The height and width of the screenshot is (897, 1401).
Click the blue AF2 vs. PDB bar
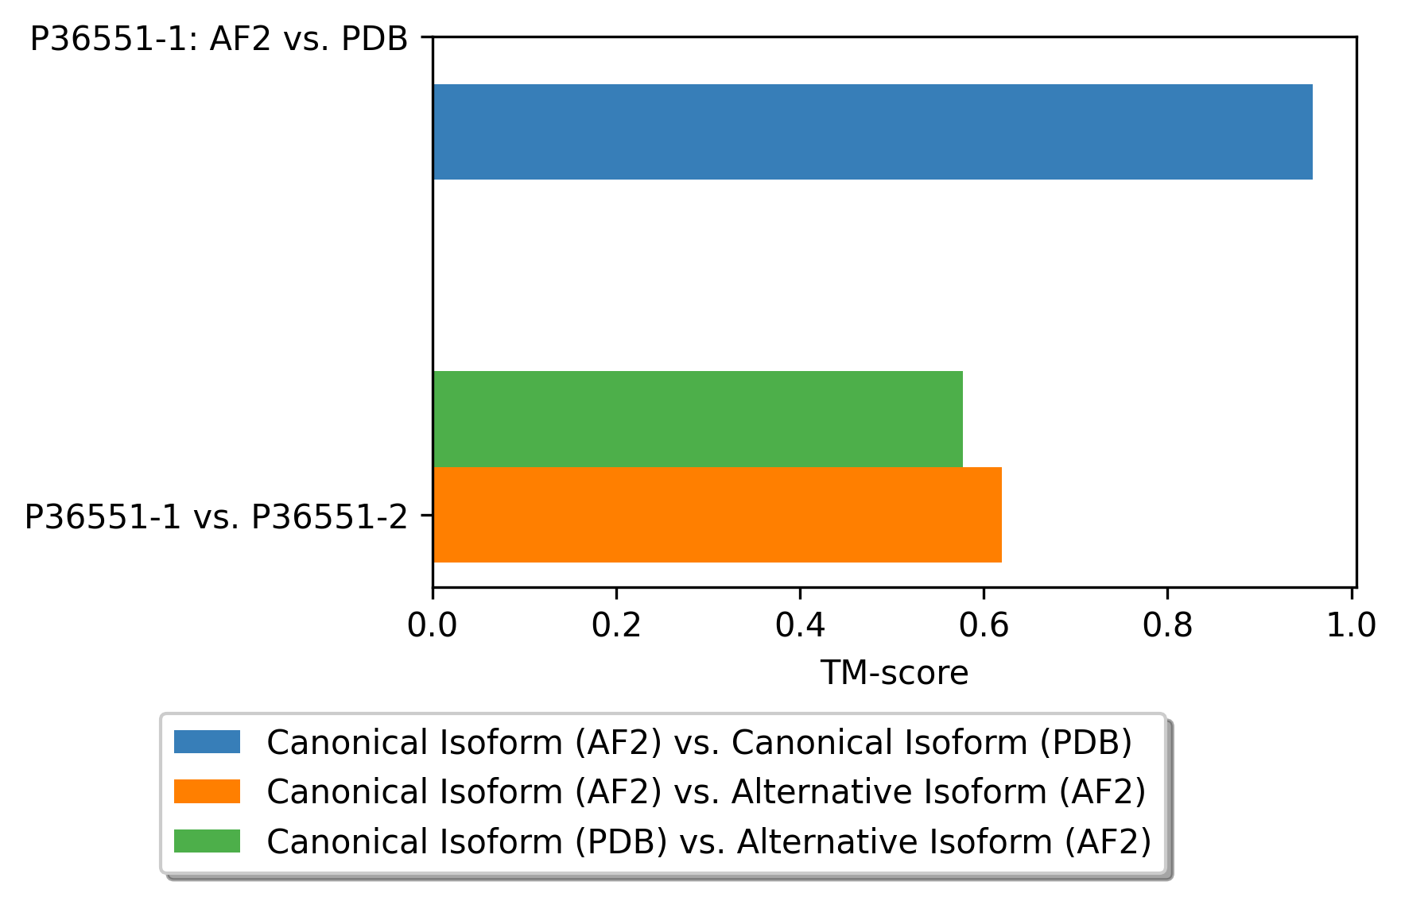click(x=872, y=132)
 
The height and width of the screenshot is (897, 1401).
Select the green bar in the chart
click(x=697, y=419)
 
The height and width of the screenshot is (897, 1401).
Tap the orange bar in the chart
click(x=716, y=515)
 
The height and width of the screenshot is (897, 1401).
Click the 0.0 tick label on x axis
click(x=432, y=626)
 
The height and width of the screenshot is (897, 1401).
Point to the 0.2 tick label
click(x=615, y=626)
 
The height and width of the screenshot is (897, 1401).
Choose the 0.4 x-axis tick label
click(x=799, y=626)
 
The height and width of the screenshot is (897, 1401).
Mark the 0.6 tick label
click(x=983, y=626)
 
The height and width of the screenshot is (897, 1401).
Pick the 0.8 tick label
click(x=1166, y=626)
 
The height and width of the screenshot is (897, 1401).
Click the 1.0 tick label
click(x=1351, y=626)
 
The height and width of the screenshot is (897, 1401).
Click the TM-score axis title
click(x=894, y=674)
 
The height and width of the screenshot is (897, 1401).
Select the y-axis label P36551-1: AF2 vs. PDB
click(x=219, y=39)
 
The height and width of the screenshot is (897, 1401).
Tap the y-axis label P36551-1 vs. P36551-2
click(x=215, y=517)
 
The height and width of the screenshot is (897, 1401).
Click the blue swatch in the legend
click(x=207, y=742)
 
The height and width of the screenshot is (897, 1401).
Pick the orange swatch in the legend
click(x=207, y=791)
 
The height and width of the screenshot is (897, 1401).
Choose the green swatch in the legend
click(x=207, y=841)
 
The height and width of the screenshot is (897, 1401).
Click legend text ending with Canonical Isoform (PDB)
click(x=699, y=742)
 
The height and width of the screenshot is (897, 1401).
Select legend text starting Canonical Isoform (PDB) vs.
click(x=708, y=841)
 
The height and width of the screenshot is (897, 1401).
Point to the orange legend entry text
click(x=705, y=792)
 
